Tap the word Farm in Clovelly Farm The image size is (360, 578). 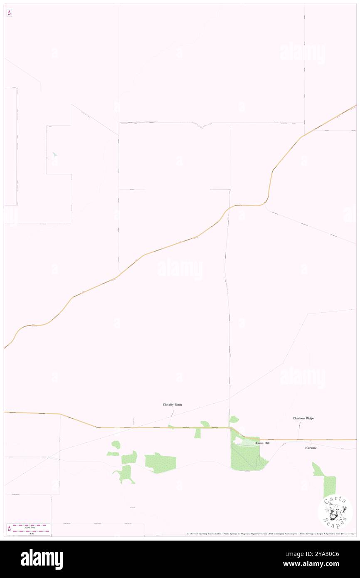pos(178,405)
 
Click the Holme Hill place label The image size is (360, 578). pos(262,443)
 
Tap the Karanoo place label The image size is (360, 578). pos(311,448)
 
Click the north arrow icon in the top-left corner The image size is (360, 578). pos(9,13)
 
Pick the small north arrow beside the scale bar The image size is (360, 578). pos(9,529)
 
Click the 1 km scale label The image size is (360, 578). pos(31,534)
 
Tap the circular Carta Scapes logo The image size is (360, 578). pos(335,512)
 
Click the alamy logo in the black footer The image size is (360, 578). pos(42,559)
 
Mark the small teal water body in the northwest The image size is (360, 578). pos(55,154)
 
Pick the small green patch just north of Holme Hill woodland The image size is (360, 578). pos(234,420)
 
